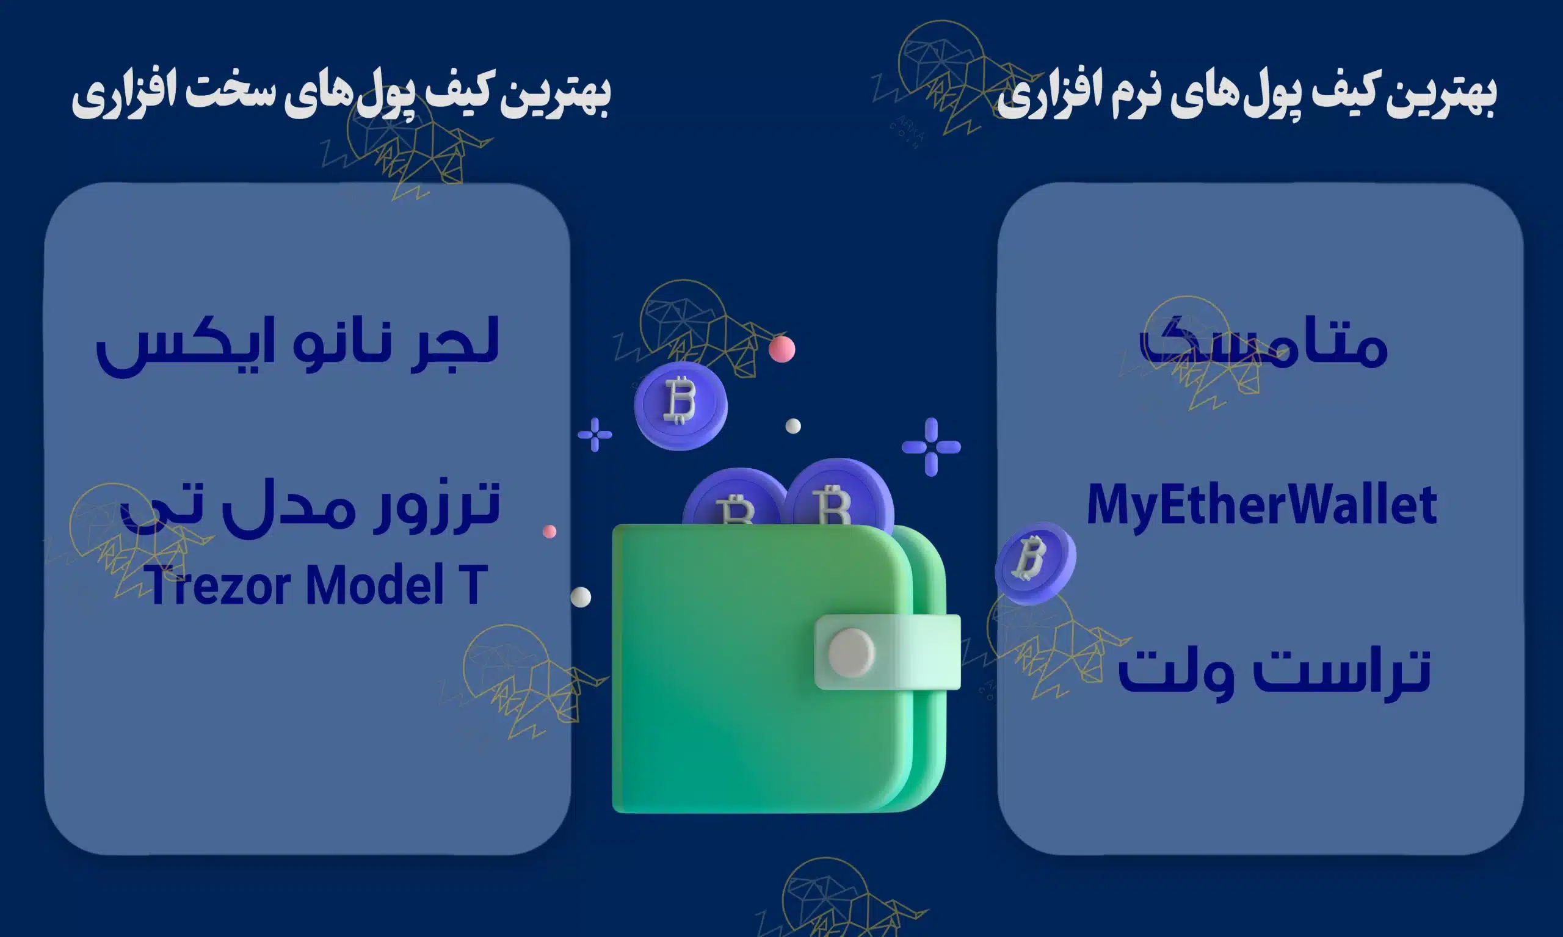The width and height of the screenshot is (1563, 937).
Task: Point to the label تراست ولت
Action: pos(1273,673)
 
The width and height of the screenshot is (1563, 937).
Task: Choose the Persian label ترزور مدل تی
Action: pos(310,509)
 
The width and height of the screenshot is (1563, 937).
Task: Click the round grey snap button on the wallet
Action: pos(850,653)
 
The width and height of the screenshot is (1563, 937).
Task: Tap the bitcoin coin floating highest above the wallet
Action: pos(680,405)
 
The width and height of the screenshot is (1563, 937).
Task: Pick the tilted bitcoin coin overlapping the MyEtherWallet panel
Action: pos(1034,562)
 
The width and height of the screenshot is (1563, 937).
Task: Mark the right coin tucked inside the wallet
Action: pos(838,496)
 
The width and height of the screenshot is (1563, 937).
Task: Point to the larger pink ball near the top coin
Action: pos(782,349)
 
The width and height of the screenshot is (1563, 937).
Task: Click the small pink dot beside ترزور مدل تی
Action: pos(549,532)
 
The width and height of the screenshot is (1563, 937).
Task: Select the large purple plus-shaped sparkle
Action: pos(931,447)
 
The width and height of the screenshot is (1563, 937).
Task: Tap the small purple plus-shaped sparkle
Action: pos(594,435)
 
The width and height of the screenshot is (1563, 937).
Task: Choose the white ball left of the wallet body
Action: pos(581,596)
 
